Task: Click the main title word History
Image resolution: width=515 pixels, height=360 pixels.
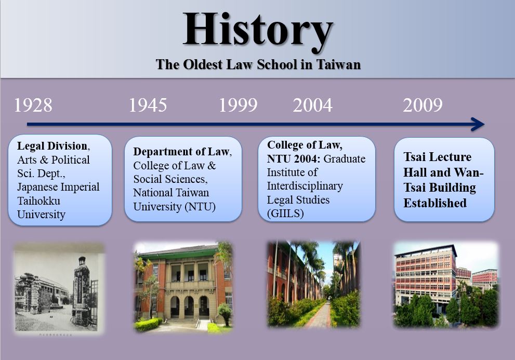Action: (x=258, y=30)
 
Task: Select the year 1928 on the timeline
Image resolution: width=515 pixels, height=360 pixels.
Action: (x=33, y=105)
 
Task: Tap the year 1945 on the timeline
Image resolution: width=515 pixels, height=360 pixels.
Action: (x=148, y=105)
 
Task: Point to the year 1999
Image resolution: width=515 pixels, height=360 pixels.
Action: (x=238, y=105)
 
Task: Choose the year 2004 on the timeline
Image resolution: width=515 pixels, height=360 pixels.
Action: (x=312, y=105)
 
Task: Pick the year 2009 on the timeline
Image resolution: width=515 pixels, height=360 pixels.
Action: (x=422, y=105)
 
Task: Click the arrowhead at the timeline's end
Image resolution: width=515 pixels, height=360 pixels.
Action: (x=478, y=124)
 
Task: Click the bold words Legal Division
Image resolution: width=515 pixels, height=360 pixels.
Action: (x=52, y=146)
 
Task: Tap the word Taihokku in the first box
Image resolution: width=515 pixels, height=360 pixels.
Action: (x=39, y=201)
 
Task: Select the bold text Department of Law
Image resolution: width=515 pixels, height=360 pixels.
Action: (x=181, y=151)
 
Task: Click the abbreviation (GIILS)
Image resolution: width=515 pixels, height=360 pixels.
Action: (x=285, y=214)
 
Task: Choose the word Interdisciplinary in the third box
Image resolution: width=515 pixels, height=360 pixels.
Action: (x=305, y=186)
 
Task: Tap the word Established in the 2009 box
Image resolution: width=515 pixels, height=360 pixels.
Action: (x=435, y=203)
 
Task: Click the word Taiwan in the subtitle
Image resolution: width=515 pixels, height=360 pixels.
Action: (x=338, y=64)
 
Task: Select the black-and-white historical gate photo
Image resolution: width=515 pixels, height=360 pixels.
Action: (x=59, y=287)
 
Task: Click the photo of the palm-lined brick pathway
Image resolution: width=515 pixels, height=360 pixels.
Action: (x=314, y=285)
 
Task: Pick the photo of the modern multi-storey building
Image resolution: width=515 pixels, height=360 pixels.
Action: (x=446, y=285)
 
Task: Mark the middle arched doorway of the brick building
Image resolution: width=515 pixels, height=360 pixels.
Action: (x=189, y=307)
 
